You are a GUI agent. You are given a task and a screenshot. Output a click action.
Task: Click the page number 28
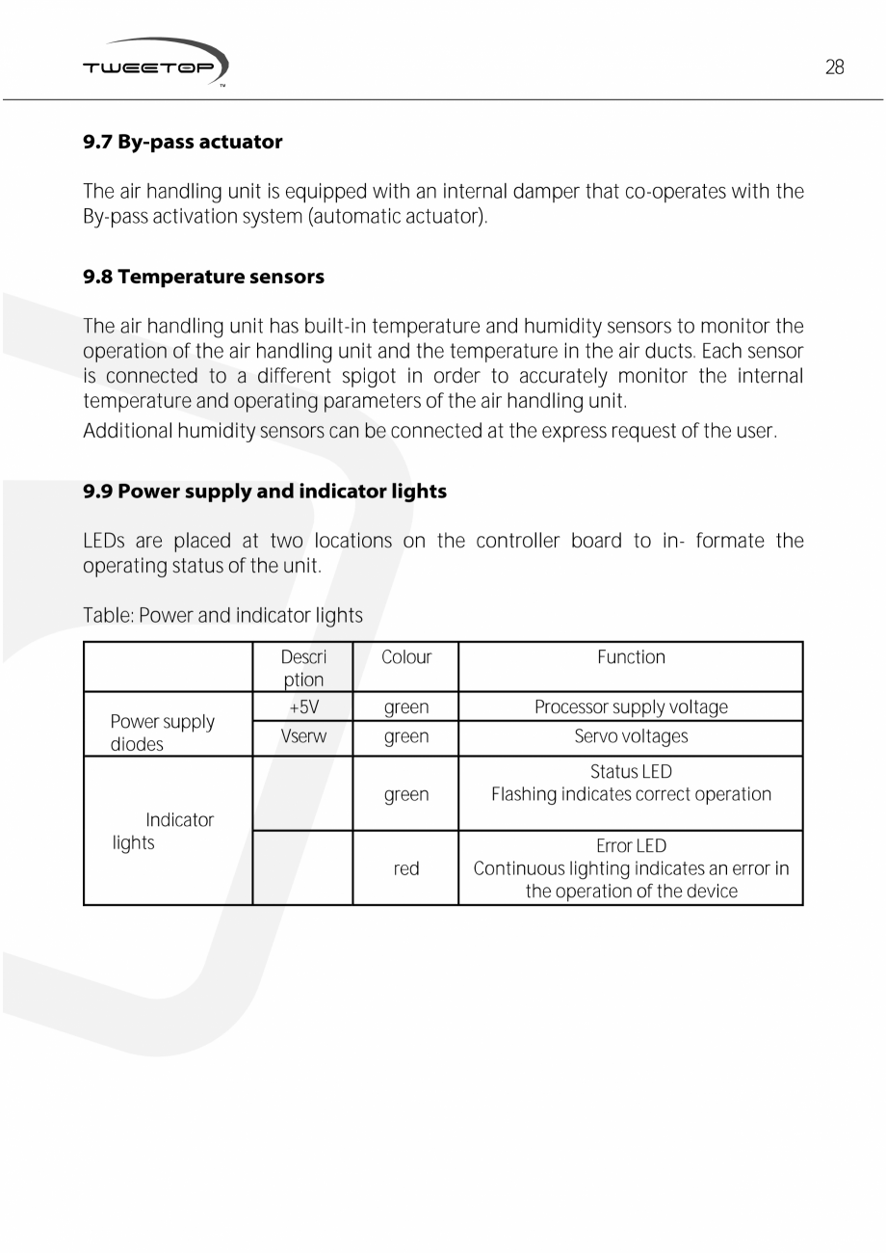pos(834,67)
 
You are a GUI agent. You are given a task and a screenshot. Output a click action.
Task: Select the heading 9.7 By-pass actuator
pos(182,143)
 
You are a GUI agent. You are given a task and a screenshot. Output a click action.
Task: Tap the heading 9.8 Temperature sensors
pos(203,278)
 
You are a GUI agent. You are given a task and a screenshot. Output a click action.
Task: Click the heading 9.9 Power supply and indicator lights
pos(265,492)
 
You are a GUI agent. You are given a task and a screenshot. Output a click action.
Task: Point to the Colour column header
pos(405,657)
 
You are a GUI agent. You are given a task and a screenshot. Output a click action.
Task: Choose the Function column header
pos(631,657)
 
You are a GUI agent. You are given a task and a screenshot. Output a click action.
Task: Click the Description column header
pos(303,668)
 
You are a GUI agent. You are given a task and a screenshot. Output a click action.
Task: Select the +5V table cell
pos(303,707)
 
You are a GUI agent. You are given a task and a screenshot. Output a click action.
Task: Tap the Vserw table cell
pos(303,737)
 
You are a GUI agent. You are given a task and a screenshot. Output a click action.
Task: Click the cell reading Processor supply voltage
pos(631,707)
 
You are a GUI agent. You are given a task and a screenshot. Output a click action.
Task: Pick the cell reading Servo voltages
pos(631,737)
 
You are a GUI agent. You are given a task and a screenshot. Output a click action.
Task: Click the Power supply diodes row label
pos(162,733)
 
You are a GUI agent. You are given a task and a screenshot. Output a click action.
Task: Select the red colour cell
pos(405,868)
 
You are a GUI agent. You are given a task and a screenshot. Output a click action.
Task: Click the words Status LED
pos(631,772)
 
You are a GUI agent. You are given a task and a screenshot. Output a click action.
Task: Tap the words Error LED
pos(631,846)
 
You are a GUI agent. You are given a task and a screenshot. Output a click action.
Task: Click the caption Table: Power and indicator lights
pos(222,615)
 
